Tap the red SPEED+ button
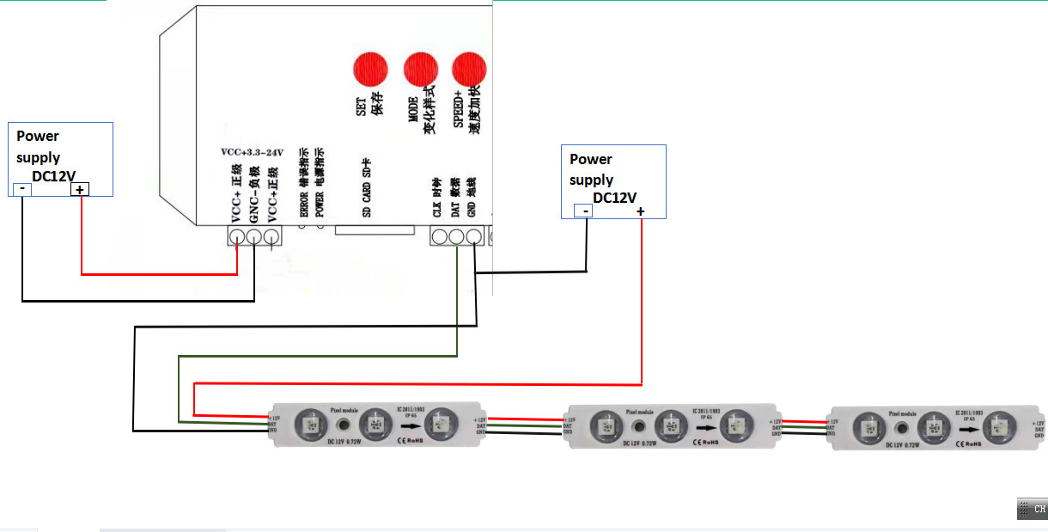click(469, 70)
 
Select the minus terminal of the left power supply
click(21, 190)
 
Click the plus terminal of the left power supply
click(80, 190)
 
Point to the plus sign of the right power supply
click(641, 211)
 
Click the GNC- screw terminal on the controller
click(254, 235)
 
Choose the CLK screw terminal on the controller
click(440, 236)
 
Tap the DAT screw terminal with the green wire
click(456, 236)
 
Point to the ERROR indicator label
click(303, 194)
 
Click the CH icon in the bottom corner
click(1032, 509)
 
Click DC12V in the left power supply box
click(53, 177)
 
